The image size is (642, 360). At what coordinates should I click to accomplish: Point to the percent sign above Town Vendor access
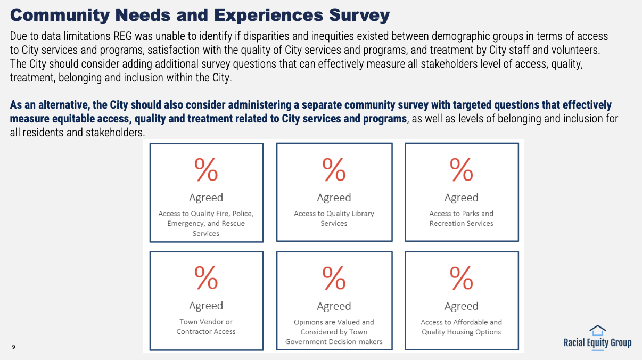point(206,277)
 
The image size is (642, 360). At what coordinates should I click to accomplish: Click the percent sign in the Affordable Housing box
point(462,277)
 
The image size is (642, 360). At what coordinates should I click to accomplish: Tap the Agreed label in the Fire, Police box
point(206,198)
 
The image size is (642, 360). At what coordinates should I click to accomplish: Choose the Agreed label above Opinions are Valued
point(334,306)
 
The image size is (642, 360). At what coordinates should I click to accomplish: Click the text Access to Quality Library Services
point(334,218)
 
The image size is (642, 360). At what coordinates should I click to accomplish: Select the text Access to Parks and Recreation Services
point(462,218)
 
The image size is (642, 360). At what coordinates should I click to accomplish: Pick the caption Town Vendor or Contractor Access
point(206,326)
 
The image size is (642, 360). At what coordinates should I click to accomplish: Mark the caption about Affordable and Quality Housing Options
point(462,327)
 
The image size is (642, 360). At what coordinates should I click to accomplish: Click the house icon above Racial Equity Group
point(598,330)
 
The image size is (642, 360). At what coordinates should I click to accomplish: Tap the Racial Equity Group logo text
point(598,342)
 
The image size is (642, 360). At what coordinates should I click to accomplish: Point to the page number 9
point(13,347)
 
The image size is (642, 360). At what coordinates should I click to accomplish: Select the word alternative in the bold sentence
point(61,105)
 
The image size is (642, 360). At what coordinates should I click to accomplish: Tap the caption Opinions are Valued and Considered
point(334,331)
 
